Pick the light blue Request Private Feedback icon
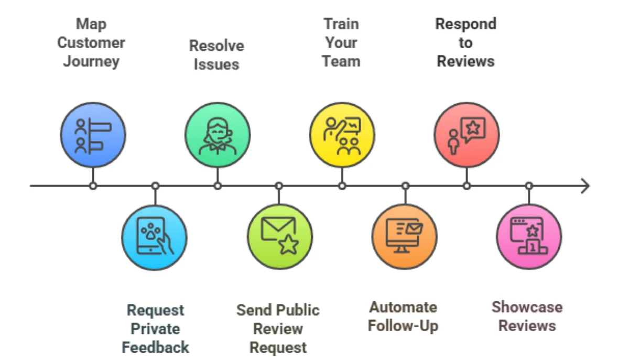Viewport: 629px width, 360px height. click(155, 237)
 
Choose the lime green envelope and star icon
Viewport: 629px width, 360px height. click(279, 237)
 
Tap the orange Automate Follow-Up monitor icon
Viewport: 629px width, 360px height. click(404, 237)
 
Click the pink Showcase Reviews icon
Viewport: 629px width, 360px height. click(528, 237)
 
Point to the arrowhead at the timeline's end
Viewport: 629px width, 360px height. click(585, 186)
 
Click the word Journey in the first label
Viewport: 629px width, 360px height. click(91, 61)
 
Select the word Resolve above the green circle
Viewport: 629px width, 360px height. click(216, 46)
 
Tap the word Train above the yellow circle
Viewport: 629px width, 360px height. click(341, 24)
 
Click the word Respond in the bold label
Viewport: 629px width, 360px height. click(465, 24)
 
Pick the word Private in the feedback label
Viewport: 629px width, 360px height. click(155, 329)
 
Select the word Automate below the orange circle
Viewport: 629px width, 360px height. click(403, 307)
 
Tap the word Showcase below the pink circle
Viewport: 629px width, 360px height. click(527, 307)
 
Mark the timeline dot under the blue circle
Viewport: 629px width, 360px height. click(93, 186)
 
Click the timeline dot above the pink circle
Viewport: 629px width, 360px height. click(529, 186)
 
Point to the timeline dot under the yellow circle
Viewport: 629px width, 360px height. click(342, 186)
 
